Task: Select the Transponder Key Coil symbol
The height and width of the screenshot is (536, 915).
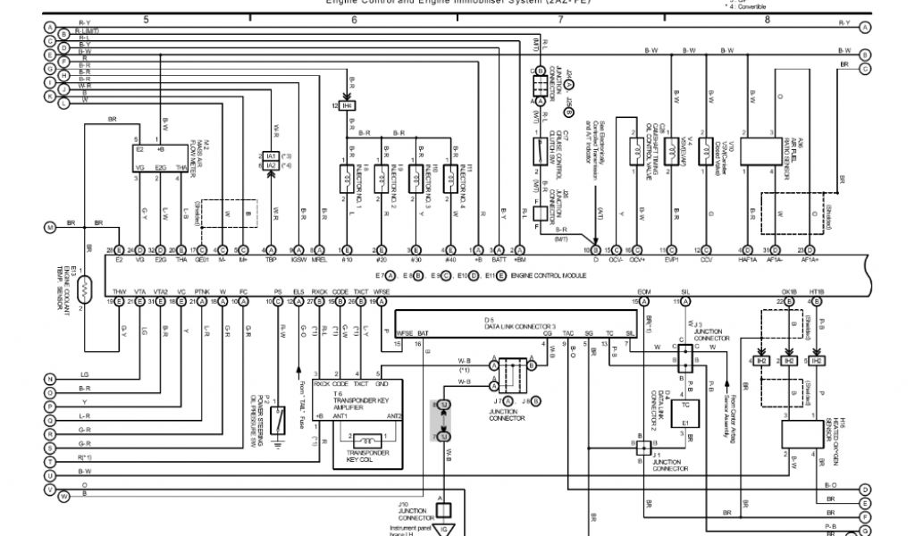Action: pos(367,440)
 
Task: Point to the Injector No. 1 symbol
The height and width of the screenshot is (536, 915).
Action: pos(346,177)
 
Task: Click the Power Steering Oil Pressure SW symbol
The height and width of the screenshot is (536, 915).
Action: pos(279,417)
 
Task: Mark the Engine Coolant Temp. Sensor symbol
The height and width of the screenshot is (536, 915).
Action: pos(87,288)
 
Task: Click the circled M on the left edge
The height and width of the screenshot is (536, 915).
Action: pos(50,227)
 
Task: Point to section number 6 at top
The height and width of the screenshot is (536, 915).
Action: pos(354,19)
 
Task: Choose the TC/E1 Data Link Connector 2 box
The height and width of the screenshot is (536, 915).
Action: pos(684,412)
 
